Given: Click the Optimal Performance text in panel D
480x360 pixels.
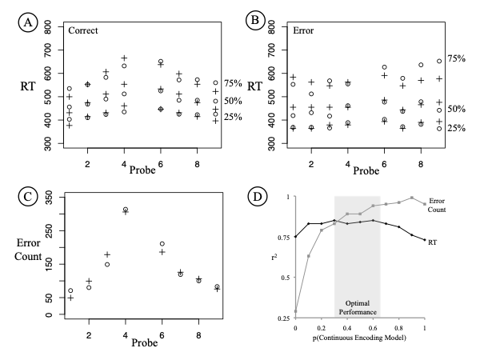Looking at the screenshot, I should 357,309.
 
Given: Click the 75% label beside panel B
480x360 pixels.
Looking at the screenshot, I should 456,58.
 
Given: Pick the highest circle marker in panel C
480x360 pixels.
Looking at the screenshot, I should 125,210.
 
